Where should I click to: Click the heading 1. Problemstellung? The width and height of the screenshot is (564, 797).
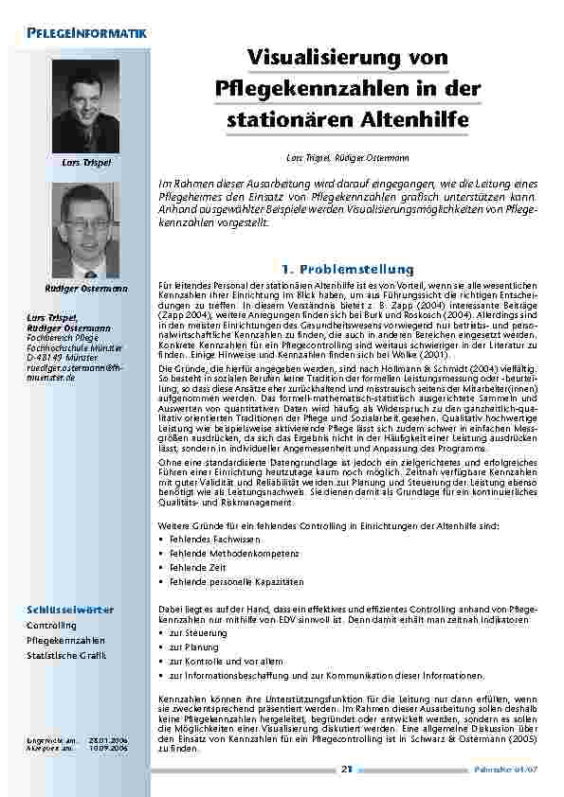pos(346,269)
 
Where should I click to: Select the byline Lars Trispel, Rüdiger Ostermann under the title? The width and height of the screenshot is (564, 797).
pos(346,155)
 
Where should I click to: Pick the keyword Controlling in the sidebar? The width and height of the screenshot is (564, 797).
pos(51,626)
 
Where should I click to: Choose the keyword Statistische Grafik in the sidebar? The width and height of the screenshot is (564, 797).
pos(66,654)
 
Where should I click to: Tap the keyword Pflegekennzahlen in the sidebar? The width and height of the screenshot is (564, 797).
pos(65,640)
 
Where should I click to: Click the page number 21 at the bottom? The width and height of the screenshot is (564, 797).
pos(346,769)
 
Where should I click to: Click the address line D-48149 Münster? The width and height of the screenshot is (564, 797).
pos(61,360)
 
